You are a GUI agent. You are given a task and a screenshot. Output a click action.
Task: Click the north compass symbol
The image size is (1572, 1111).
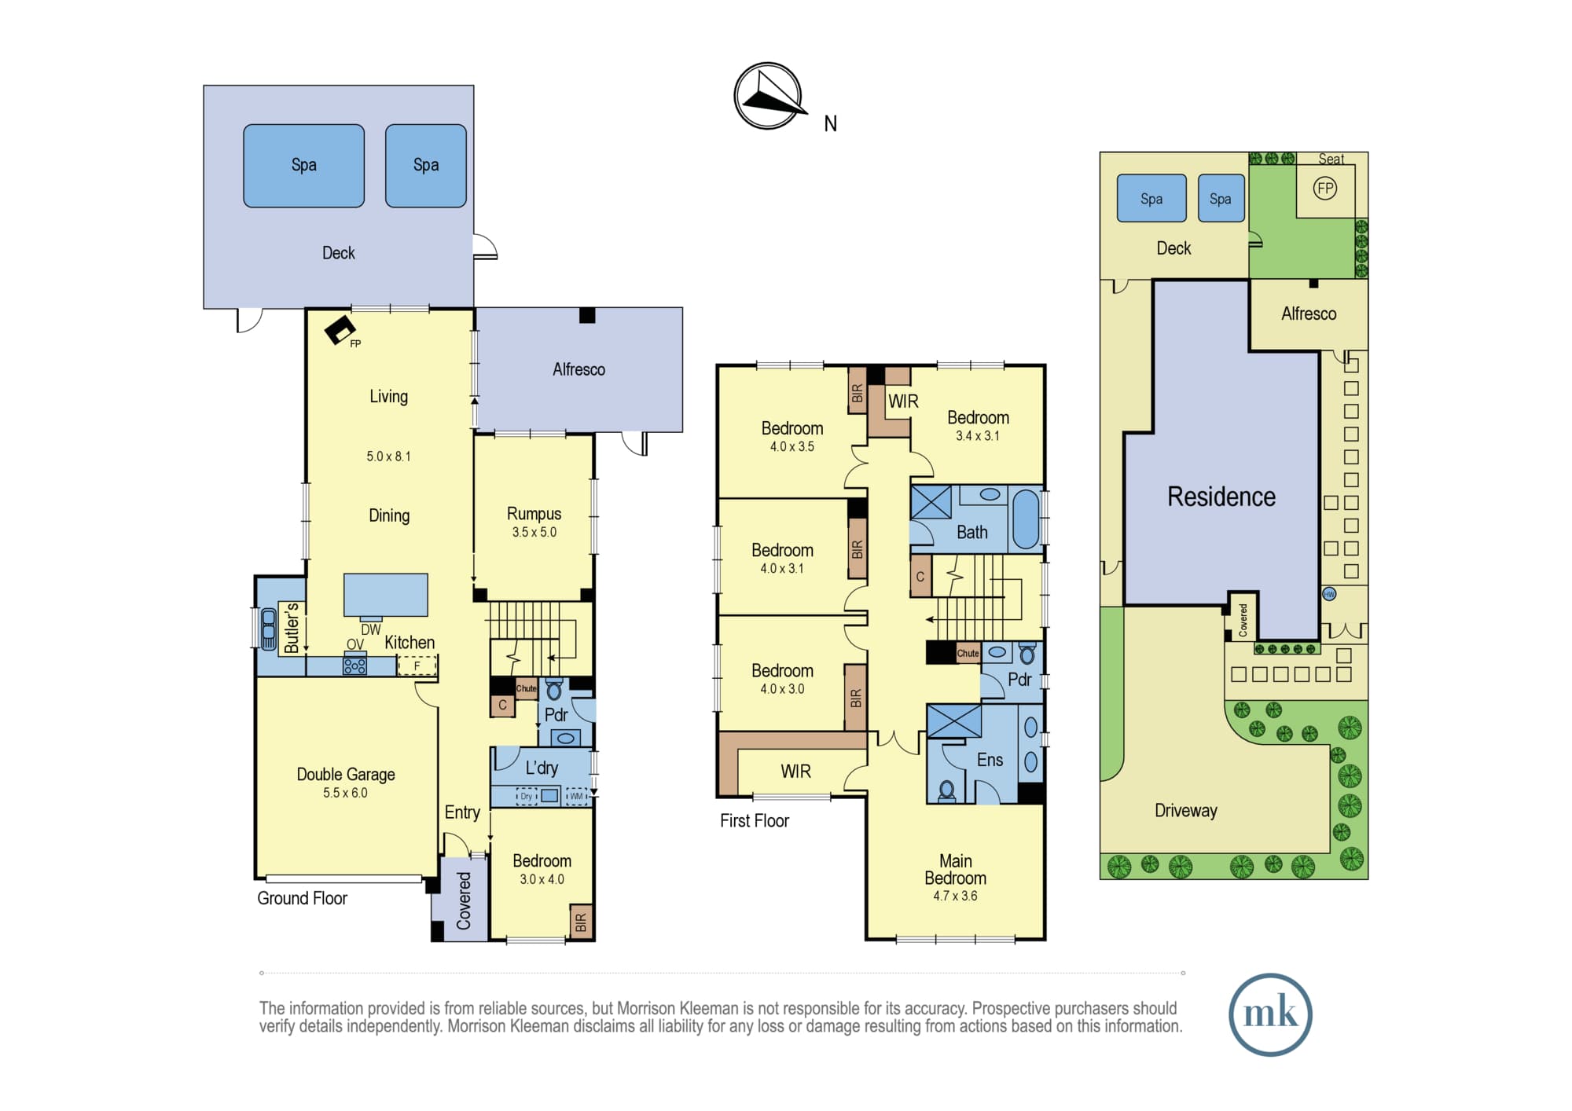(x=769, y=96)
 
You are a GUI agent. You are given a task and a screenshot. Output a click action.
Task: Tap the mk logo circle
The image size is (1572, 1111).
(x=1270, y=1014)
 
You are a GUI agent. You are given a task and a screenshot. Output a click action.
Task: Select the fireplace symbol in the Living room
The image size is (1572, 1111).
(x=340, y=330)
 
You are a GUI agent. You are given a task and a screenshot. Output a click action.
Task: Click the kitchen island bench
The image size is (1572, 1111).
(x=386, y=595)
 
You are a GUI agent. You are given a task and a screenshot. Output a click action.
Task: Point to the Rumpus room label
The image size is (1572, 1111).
(x=534, y=514)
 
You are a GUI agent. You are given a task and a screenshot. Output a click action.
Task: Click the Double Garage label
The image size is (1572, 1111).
(x=346, y=775)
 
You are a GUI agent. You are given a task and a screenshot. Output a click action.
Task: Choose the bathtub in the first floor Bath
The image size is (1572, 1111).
(x=1026, y=519)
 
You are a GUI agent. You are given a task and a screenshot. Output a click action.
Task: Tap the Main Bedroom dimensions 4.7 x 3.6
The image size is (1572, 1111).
(x=955, y=896)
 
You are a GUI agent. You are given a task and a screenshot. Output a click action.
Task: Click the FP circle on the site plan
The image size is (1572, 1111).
(x=1325, y=189)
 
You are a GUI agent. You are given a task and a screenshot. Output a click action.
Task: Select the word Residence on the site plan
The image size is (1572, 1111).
(x=1221, y=497)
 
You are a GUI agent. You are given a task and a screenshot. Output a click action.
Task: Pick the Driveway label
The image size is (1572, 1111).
(x=1186, y=811)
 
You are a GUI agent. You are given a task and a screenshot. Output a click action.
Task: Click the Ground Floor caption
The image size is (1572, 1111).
(x=303, y=898)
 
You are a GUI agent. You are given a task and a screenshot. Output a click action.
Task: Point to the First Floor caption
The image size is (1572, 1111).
(x=755, y=821)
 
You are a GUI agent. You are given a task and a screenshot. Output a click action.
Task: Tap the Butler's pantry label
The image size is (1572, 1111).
(x=291, y=628)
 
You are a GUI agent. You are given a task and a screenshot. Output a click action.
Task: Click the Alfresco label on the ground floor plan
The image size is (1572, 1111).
(x=579, y=369)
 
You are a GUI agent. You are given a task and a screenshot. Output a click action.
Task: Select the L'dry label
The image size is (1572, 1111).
(x=542, y=768)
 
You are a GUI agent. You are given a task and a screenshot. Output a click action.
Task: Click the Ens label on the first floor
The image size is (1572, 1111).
(x=990, y=760)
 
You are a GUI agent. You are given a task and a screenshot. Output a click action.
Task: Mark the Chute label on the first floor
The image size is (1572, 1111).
(x=968, y=653)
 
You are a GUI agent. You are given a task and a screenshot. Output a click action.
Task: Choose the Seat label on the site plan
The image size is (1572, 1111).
(x=1331, y=159)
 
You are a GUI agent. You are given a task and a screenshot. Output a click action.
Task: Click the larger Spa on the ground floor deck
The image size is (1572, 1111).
(x=304, y=166)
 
